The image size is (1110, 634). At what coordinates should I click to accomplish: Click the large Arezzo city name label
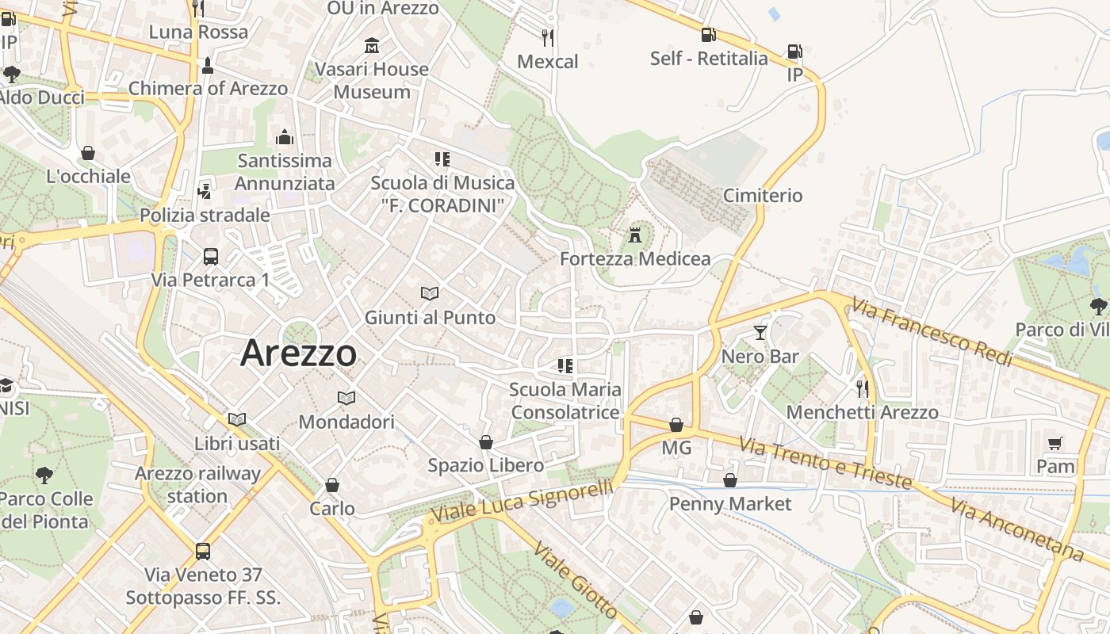point(298,353)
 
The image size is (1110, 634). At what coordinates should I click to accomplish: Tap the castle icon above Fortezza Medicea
point(634,235)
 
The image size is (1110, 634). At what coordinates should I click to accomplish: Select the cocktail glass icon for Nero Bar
point(760,332)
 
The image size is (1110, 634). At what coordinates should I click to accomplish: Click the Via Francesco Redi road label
point(933,332)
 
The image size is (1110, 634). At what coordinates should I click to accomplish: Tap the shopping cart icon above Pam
point(1054,443)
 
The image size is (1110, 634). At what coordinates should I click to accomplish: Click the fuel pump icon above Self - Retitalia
point(708,34)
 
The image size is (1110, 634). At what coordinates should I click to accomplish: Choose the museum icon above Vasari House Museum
point(371,45)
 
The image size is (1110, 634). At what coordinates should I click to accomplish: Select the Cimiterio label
point(763,195)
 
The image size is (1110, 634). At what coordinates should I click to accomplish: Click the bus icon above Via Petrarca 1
point(210,256)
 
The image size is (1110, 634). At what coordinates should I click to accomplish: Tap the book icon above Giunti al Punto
point(430,294)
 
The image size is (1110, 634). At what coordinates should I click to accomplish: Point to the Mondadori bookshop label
point(346,422)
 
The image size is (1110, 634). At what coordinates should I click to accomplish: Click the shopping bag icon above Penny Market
point(730,480)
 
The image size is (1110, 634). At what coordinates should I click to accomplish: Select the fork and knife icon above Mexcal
point(547,37)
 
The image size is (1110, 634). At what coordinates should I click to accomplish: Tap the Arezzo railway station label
point(197,485)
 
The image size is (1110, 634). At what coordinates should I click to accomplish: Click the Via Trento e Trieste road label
point(825,463)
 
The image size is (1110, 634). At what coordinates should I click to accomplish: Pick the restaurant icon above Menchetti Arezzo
point(862,388)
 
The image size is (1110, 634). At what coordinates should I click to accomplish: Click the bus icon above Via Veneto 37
point(203,551)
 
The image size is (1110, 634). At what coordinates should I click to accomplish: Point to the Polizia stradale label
point(205,215)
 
